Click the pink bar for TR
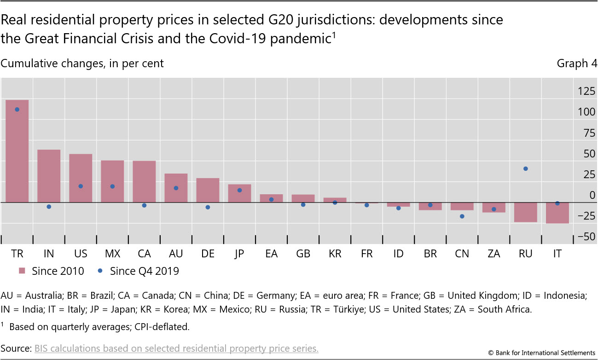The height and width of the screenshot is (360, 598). click(x=17, y=151)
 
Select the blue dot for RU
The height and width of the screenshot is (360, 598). click(x=526, y=168)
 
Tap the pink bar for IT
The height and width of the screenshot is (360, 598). click(x=557, y=213)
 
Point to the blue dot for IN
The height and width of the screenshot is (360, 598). click(x=49, y=207)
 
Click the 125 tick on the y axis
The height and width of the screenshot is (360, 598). click(x=586, y=92)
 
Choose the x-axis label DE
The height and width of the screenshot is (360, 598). click(x=208, y=254)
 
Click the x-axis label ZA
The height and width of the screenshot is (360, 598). click(x=494, y=254)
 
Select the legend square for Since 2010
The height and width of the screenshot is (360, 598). click(x=22, y=271)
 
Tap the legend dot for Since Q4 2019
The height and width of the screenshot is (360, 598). click(x=100, y=271)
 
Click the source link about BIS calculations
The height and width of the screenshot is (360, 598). click(x=176, y=348)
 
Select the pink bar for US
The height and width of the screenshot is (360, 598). click(x=81, y=178)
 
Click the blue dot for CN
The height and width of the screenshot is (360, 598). click(x=462, y=216)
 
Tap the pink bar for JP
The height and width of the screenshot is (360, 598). click(x=239, y=193)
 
